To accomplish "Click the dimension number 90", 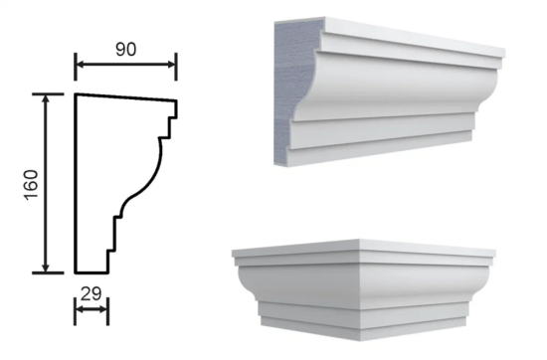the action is (x=126, y=50).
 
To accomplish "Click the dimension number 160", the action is (x=32, y=185).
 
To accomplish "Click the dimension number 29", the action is (x=91, y=293).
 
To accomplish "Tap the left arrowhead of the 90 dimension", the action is (x=81, y=65).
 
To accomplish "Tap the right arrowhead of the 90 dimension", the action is (x=171, y=65).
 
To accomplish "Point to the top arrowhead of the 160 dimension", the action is (x=46, y=99).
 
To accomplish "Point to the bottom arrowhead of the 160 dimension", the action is (x=46, y=268).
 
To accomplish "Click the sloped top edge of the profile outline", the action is (x=126, y=97).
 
